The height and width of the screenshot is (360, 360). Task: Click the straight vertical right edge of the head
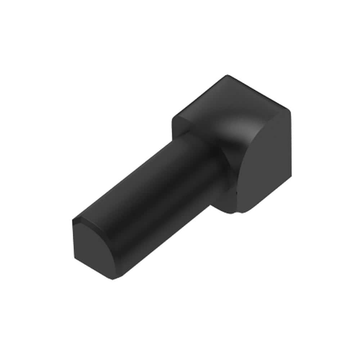[x=290, y=151]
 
